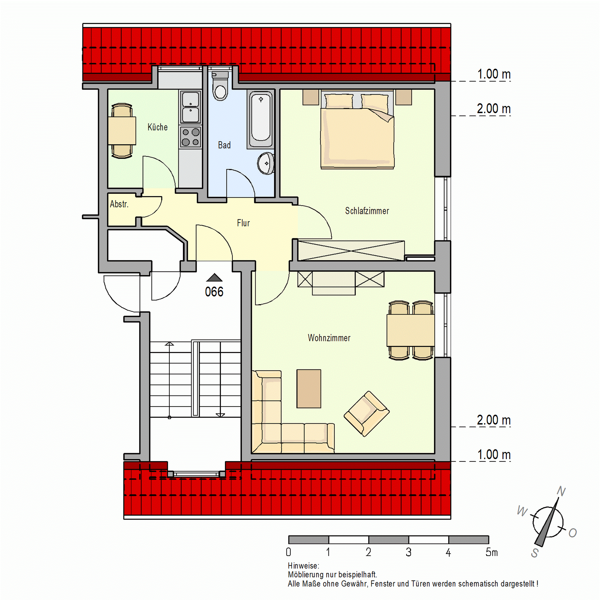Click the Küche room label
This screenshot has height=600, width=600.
[157, 127]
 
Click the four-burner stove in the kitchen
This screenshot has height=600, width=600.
[190, 137]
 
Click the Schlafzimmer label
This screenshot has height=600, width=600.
[367, 211]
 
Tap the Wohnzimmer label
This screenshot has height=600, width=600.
[329, 338]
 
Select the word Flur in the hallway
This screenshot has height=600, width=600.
[243, 223]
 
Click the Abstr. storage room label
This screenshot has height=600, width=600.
[119, 204]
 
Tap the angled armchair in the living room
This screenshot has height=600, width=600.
[366, 414]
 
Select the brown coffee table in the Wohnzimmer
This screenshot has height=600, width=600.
[309, 388]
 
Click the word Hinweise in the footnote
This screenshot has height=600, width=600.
[303, 566]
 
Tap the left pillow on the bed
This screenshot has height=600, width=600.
[339, 102]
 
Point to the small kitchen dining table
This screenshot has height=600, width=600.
[122, 131]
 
